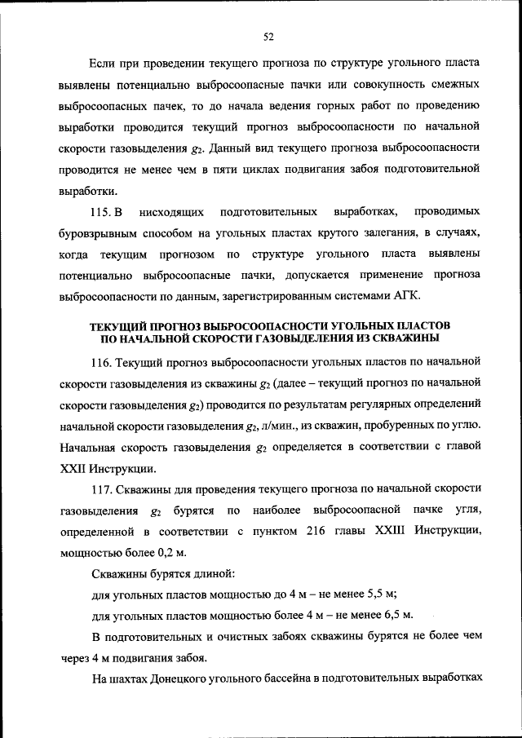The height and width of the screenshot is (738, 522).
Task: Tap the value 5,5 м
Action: [380, 593]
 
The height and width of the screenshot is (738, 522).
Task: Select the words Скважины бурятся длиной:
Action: [163, 572]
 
